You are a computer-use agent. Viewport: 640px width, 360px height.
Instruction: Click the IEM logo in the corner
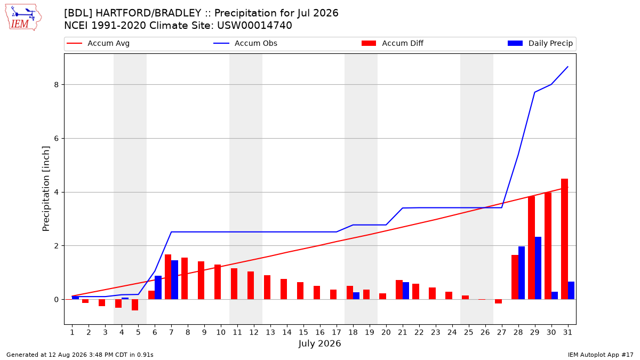tap(23, 18)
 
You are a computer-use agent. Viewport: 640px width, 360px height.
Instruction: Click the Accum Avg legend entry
tap(98, 43)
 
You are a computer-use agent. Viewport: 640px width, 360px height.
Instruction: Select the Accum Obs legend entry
tap(245, 43)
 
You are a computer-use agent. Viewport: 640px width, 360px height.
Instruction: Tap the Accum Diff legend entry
tap(393, 43)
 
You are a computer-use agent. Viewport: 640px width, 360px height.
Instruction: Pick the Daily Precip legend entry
tap(540, 43)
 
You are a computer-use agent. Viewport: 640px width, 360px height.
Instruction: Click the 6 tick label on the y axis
tap(56, 138)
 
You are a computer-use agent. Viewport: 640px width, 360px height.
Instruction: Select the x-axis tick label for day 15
tap(303, 332)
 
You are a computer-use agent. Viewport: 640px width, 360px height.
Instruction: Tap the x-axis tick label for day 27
tap(502, 332)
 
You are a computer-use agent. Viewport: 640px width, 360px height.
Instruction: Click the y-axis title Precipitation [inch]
tap(46, 189)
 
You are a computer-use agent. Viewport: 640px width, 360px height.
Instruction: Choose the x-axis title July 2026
tap(319, 343)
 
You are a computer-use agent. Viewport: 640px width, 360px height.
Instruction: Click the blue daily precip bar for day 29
tap(538, 268)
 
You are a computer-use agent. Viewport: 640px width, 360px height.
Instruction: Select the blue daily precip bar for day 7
tap(174, 279)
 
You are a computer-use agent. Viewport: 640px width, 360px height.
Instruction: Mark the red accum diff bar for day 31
tap(564, 239)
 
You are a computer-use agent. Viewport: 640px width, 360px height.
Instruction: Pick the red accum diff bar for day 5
tap(135, 305)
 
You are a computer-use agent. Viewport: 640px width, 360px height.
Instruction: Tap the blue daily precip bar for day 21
tap(406, 291)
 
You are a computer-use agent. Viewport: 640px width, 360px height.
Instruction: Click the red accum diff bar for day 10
tap(218, 282)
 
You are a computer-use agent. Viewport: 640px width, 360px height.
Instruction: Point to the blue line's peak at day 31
tap(567, 67)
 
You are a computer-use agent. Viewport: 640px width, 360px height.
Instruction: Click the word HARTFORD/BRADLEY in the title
tap(148, 13)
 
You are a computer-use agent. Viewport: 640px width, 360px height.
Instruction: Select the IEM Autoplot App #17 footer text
tap(601, 355)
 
